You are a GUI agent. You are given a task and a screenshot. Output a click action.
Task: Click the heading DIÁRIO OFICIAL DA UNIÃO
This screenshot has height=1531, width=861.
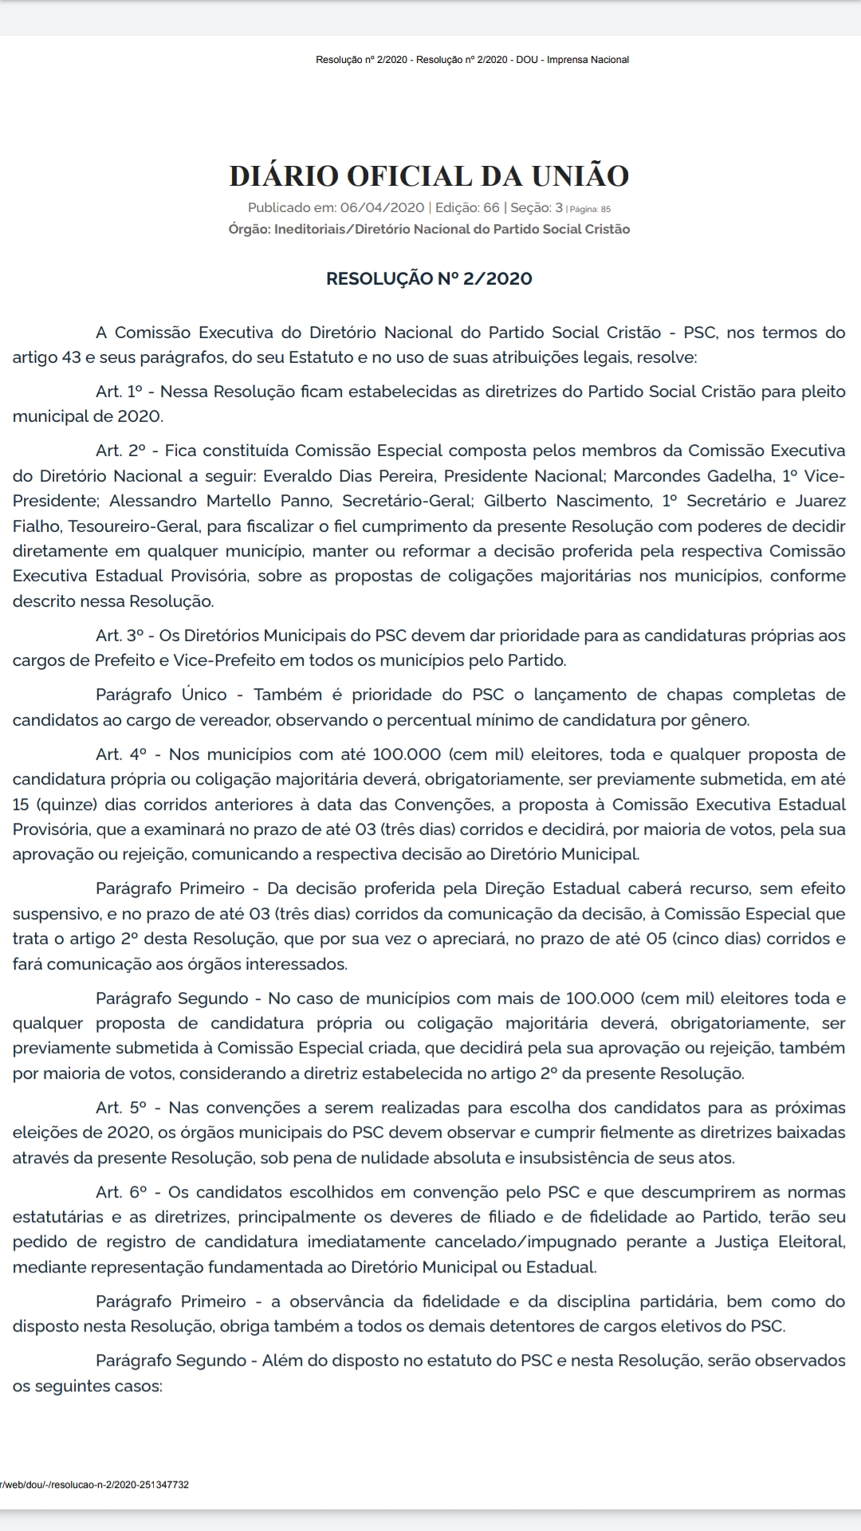tap(429, 176)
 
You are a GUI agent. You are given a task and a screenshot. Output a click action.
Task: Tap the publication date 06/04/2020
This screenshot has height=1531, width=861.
tap(382, 208)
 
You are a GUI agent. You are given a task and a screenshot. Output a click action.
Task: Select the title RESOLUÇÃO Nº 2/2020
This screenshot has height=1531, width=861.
tap(429, 278)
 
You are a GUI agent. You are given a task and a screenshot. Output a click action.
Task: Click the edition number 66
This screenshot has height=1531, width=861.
tap(491, 208)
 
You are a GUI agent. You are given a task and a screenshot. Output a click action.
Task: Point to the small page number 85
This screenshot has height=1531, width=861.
tap(606, 210)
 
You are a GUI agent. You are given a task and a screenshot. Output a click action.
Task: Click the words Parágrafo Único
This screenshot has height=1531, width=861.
tap(161, 695)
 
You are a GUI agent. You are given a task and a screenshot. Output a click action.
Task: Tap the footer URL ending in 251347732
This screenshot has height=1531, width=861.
tap(95, 1485)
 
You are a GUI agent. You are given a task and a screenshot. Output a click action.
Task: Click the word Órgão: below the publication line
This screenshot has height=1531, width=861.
tap(249, 230)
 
